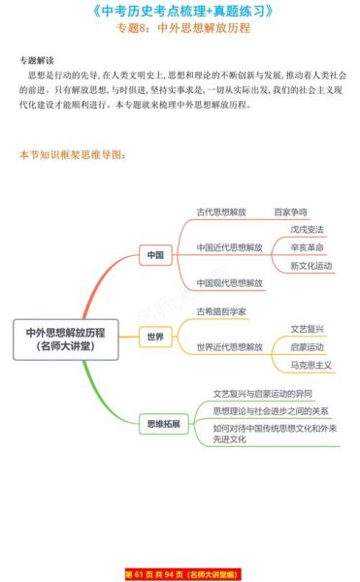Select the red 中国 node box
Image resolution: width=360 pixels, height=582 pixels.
tap(154, 255)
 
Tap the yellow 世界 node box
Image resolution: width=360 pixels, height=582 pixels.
tap(154, 338)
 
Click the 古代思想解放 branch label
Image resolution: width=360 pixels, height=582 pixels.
tap(220, 211)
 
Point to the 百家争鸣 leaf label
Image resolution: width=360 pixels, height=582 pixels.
tap(289, 211)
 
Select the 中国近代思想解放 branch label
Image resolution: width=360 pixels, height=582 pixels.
tap(229, 247)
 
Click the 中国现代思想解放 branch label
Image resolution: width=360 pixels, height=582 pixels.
tap(229, 282)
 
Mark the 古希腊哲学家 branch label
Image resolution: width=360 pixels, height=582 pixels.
tap(220, 311)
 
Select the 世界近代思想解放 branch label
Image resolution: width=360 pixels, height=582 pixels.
tap(229, 346)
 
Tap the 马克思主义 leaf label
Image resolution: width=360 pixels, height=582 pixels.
tap(311, 365)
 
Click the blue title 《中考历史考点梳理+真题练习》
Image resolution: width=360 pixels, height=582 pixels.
tap(180, 12)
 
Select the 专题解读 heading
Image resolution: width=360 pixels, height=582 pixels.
tap(37, 59)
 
